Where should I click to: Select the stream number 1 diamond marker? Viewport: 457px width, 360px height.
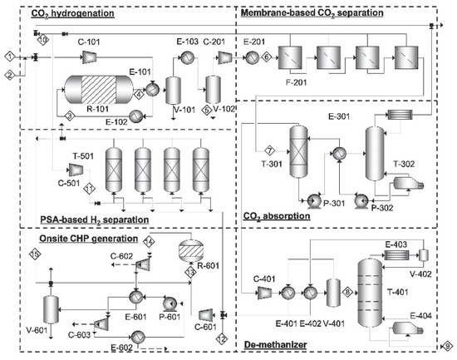click(x=8, y=56)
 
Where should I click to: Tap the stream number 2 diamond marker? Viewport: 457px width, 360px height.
click(x=8, y=76)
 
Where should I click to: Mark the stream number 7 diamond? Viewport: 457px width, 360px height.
click(x=269, y=150)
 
